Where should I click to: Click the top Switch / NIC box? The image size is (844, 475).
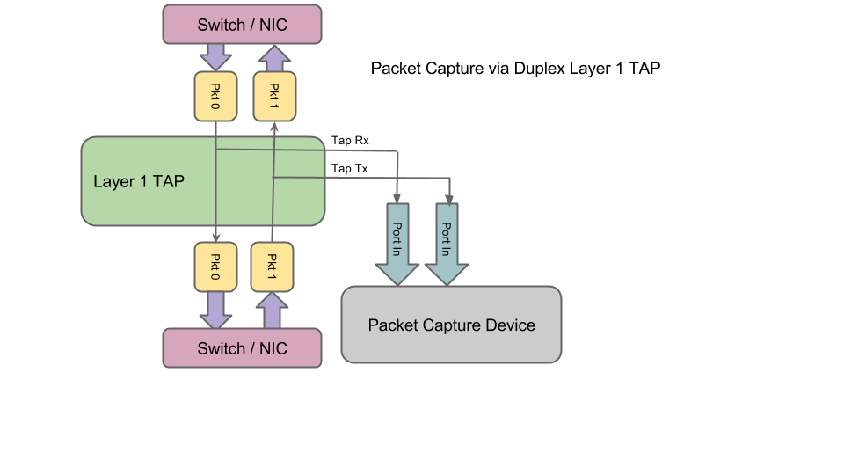(x=242, y=24)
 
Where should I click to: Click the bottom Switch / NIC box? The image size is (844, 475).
(x=242, y=348)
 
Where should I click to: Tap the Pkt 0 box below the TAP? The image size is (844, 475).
(x=215, y=267)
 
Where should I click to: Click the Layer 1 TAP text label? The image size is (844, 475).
(x=138, y=181)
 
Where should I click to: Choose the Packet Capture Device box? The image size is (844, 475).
(x=450, y=325)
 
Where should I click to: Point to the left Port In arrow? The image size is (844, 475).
(x=397, y=243)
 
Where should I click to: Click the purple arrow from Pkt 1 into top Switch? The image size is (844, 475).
(x=273, y=58)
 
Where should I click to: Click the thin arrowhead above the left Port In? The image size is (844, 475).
(x=398, y=195)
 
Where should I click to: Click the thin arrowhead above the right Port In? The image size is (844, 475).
(x=449, y=195)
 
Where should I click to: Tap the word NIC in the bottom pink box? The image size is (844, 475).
(x=273, y=348)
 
